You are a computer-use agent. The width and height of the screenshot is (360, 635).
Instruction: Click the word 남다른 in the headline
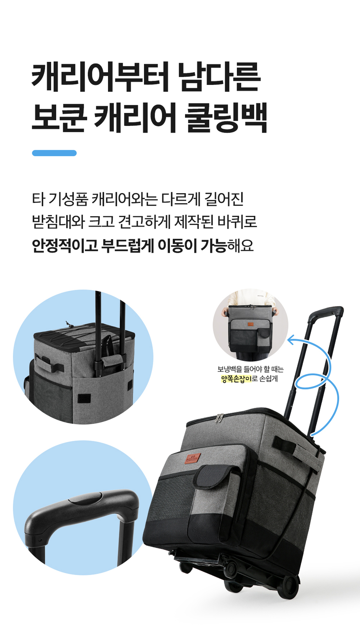(219, 77)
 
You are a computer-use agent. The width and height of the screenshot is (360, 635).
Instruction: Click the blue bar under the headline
(54, 153)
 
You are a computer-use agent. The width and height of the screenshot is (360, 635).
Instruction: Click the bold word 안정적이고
(65, 246)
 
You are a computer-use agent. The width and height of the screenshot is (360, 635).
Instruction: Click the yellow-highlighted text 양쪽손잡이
(236, 379)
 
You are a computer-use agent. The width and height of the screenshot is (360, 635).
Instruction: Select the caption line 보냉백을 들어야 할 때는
(250, 369)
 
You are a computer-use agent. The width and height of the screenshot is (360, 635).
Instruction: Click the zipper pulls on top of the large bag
(219, 418)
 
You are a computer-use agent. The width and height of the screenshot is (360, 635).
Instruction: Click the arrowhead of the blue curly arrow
(291, 339)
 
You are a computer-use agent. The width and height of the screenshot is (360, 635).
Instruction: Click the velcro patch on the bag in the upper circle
(84, 398)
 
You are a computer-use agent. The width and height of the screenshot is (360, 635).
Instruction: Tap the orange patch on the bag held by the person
(250, 324)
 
